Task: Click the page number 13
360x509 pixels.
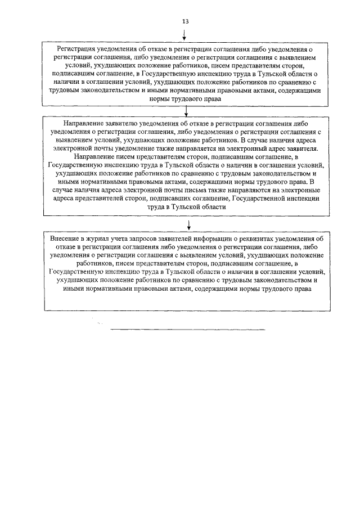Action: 185,21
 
